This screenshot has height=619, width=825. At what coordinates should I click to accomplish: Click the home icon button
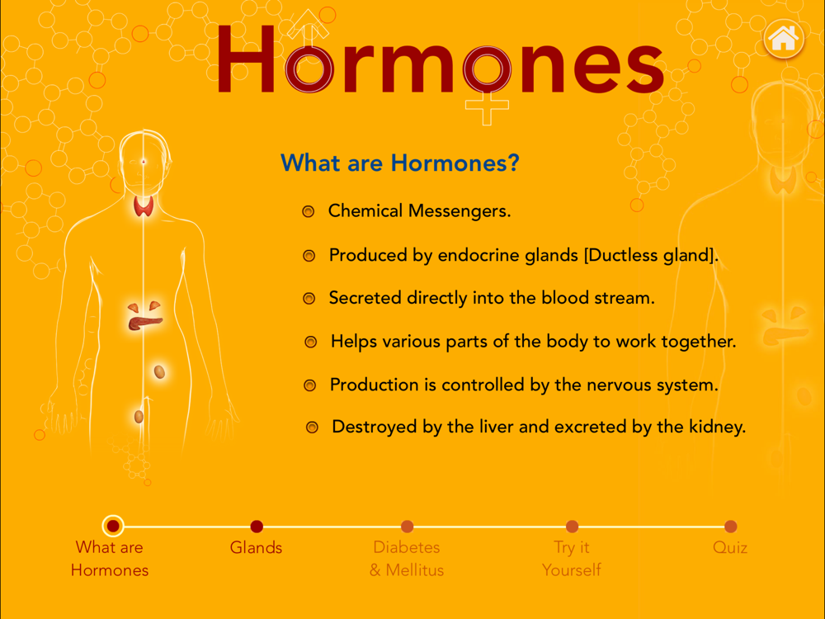tap(784, 39)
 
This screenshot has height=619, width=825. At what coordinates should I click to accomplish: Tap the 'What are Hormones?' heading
tap(400, 163)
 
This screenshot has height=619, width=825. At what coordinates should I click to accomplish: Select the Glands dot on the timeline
tap(257, 527)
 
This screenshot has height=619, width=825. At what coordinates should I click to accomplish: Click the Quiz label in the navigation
tap(730, 547)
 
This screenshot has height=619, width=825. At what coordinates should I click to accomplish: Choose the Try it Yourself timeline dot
tap(572, 527)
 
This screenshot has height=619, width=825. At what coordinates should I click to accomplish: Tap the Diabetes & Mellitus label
tap(407, 559)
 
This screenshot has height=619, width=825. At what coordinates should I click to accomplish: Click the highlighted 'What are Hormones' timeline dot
tap(112, 526)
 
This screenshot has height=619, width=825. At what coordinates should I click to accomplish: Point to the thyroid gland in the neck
tap(143, 206)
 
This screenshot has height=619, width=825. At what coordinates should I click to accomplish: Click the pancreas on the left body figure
tap(144, 322)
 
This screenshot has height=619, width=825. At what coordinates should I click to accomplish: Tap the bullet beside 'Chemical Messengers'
tap(309, 211)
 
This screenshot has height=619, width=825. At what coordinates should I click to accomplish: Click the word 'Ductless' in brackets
tap(621, 255)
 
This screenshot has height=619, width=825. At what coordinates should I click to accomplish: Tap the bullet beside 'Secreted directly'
tap(309, 299)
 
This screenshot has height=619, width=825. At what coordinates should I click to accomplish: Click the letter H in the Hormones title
tap(246, 59)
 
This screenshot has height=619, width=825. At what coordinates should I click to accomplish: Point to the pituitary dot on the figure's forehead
tap(143, 162)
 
